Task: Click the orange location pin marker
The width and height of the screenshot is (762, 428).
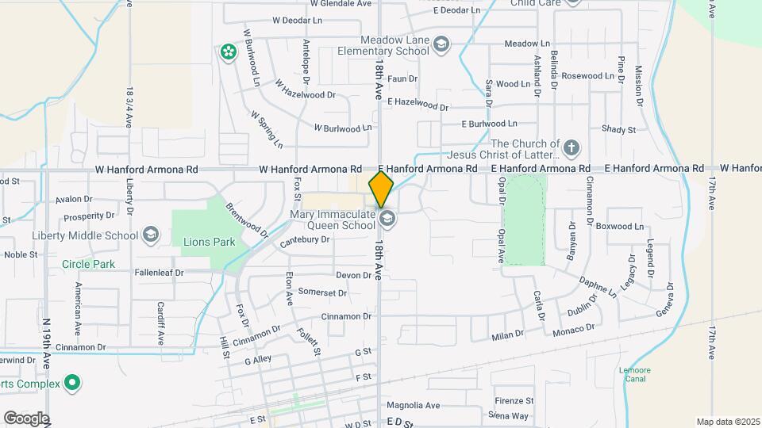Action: tap(382, 189)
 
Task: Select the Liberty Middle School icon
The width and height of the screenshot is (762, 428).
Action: tap(151, 235)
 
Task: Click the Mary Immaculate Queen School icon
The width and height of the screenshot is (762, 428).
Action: tap(387, 217)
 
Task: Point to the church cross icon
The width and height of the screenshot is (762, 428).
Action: tap(571, 148)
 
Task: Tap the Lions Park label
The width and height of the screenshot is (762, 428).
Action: tap(209, 242)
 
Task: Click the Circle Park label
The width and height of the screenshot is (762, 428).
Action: tap(89, 264)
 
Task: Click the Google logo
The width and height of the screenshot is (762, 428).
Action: tap(26, 418)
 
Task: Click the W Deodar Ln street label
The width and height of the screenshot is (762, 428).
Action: tap(298, 20)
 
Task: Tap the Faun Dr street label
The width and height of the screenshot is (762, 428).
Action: tap(402, 78)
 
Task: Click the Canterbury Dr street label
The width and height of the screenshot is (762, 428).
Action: tap(304, 239)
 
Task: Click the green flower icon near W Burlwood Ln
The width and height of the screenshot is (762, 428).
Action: tap(229, 52)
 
